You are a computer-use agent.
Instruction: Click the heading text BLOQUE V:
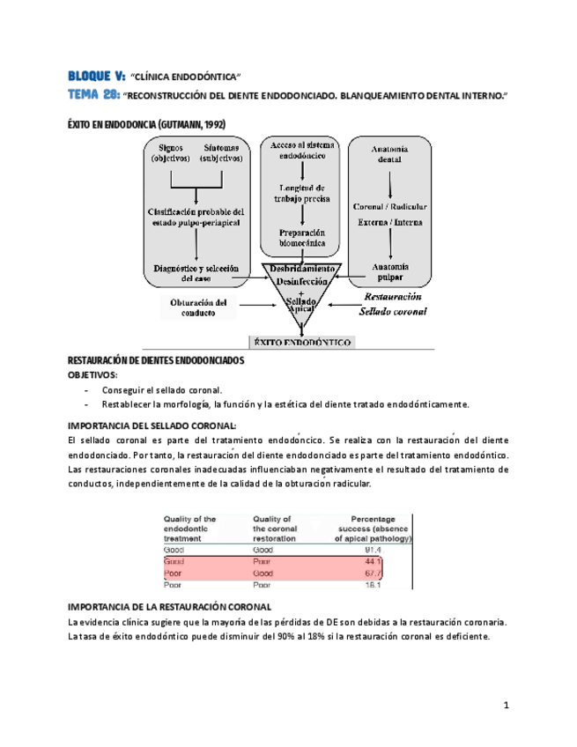(96, 77)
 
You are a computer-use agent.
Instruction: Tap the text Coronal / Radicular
(390, 207)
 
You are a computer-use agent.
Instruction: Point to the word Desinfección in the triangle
(302, 282)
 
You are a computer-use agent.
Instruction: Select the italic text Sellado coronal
(392, 311)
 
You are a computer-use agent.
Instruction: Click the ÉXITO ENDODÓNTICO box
(302, 341)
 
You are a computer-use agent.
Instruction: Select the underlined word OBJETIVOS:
(92, 374)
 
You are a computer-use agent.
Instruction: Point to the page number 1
(507, 705)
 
